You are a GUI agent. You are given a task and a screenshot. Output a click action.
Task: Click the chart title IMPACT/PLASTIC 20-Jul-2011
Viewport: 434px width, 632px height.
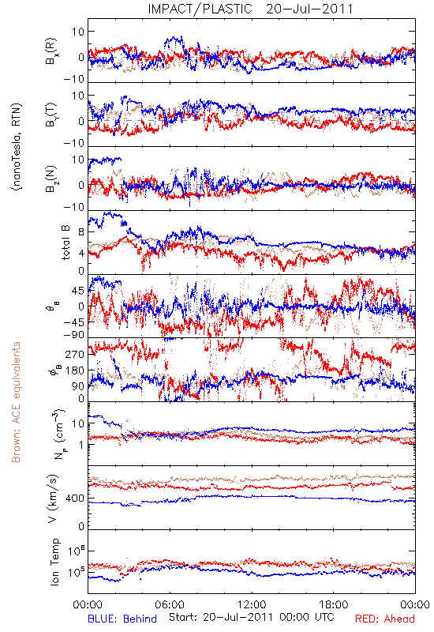[x=250, y=9]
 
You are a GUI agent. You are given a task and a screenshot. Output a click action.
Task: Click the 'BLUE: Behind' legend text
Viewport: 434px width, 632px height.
[x=122, y=619]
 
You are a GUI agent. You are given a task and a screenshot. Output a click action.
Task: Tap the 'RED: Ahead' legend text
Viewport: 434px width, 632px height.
[x=384, y=619]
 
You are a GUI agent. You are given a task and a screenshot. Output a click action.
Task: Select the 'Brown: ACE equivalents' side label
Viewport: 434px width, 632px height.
[x=16, y=402]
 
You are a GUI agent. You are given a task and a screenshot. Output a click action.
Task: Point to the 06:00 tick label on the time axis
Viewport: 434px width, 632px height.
[x=170, y=604]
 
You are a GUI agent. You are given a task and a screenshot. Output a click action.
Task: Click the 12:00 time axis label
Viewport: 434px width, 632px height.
[x=252, y=604]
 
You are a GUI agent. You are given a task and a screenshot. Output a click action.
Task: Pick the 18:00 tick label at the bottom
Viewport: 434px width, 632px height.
[x=333, y=604]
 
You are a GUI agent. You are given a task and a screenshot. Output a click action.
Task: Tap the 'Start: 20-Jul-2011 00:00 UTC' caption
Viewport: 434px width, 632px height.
[x=251, y=617]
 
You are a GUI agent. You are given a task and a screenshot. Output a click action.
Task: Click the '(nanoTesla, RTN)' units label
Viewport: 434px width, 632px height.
[x=17, y=146]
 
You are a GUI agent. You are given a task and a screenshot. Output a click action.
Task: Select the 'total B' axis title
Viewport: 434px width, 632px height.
[x=65, y=243]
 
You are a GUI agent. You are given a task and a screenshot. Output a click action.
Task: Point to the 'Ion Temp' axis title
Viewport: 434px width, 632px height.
[x=54, y=562]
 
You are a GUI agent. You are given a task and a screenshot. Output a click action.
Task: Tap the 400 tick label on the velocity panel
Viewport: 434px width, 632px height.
[x=75, y=498]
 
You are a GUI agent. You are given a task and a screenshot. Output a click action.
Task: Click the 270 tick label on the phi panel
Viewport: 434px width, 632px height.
[x=75, y=354]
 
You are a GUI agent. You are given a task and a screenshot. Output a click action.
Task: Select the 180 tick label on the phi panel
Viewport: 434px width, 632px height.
[x=75, y=370]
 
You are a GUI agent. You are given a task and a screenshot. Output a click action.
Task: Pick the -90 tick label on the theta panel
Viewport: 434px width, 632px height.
[x=73, y=335]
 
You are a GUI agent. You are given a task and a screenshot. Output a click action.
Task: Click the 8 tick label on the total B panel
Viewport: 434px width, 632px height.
[x=81, y=231]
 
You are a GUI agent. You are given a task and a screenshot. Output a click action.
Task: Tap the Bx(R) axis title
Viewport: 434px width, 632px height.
[x=51, y=51]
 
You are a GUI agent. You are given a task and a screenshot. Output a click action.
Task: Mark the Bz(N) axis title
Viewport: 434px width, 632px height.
[x=51, y=179]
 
